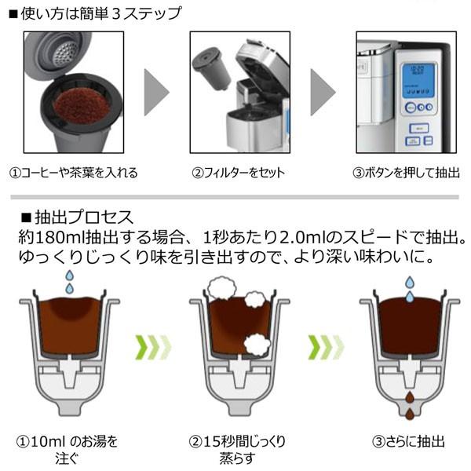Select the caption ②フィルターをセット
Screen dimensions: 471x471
tap(236, 173)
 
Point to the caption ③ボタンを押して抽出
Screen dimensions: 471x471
tap(403, 173)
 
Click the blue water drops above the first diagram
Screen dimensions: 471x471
tap(69, 283)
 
